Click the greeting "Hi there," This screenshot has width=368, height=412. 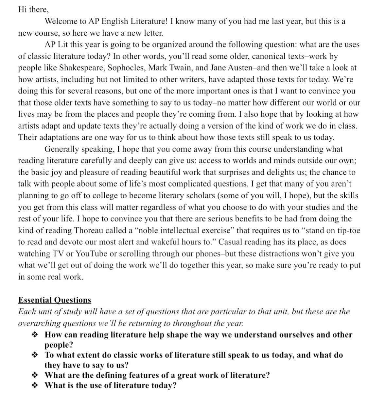[x=33, y=9]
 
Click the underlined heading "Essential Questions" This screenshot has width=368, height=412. [x=55, y=300]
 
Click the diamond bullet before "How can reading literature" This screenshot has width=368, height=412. [x=35, y=335]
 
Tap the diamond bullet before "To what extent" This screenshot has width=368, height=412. [x=35, y=355]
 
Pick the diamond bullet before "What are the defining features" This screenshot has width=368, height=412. [x=35, y=375]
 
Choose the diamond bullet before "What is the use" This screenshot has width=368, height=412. [x=35, y=386]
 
